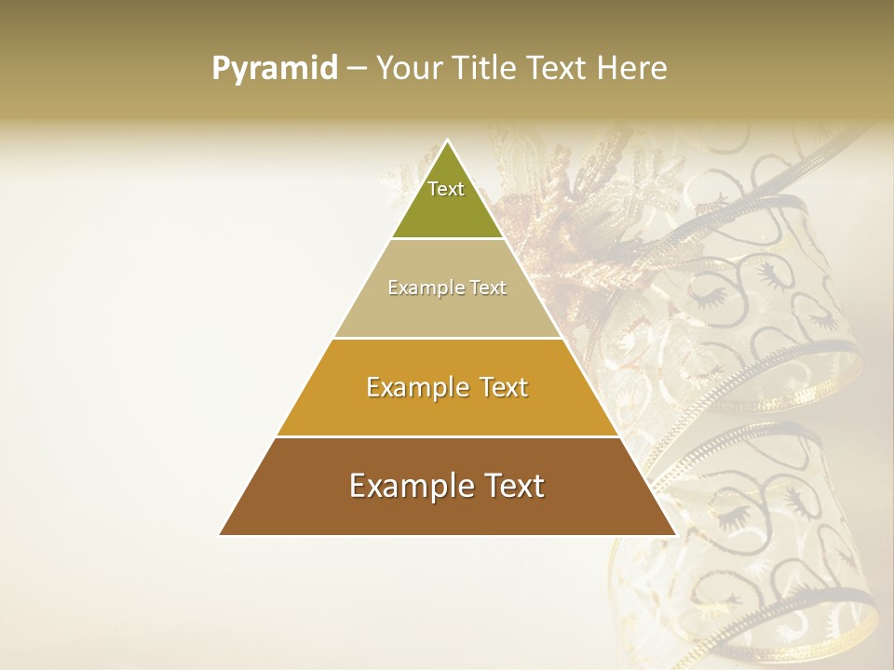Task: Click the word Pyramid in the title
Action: click(x=275, y=68)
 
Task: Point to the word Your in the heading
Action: click(x=410, y=68)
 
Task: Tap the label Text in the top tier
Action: click(x=446, y=189)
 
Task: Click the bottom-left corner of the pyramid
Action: click(x=220, y=535)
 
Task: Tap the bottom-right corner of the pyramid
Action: click(x=675, y=535)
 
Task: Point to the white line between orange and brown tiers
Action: click(x=447, y=436)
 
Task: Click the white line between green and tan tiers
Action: click(x=447, y=239)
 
